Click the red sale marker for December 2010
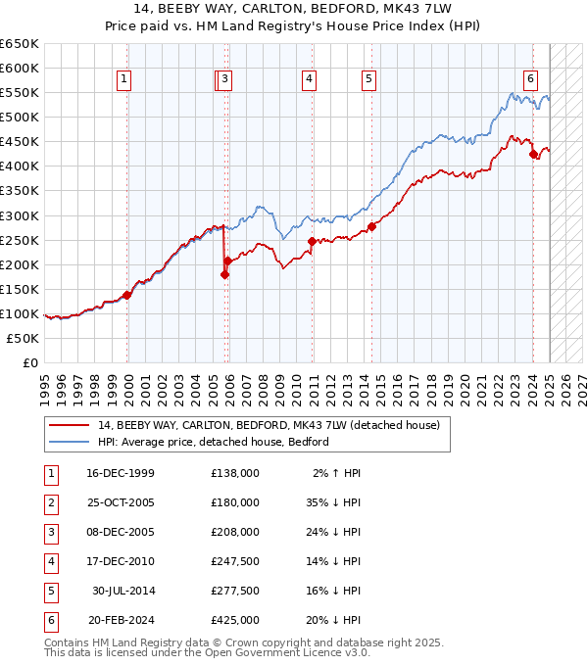(312, 241)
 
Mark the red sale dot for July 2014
(372, 226)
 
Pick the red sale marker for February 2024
(533, 154)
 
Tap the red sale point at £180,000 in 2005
(224, 274)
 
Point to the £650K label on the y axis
(21, 43)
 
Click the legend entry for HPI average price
(214, 442)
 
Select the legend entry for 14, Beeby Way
(269, 425)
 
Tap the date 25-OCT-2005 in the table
(121, 502)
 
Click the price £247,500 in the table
(235, 562)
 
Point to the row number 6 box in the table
(49, 621)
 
